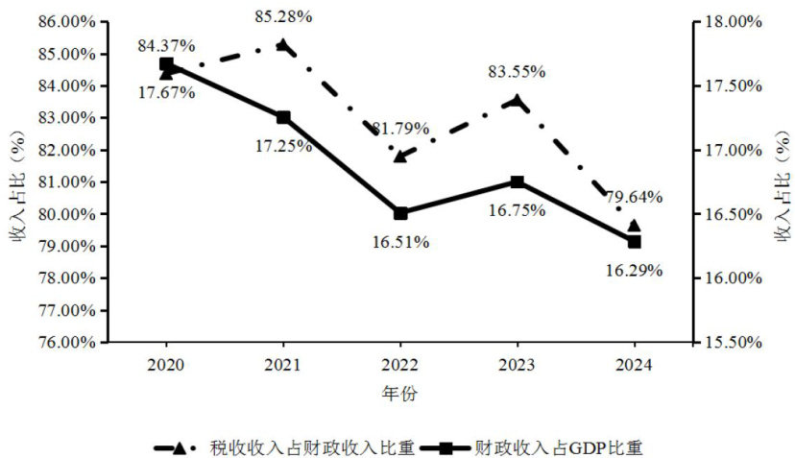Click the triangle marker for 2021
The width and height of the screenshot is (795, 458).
point(283,44)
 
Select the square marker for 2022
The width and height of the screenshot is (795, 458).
point(400,213)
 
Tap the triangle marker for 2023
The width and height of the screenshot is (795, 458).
point(517,101)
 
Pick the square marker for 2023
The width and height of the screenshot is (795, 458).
point(517,182)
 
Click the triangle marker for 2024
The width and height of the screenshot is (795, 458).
point(634,227)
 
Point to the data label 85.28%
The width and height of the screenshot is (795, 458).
point(283,16)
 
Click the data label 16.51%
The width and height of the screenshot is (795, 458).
point(400,241)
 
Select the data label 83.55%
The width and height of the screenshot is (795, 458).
point(517,71)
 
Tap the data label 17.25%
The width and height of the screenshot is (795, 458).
point(283,146)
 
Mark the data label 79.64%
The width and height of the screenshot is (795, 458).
point(634,197)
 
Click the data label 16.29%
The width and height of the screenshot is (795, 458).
point(634,270)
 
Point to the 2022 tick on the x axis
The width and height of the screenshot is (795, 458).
point(400,365)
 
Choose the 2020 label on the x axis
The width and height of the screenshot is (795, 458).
point(166,365)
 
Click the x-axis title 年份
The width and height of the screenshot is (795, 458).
point(400,394)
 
